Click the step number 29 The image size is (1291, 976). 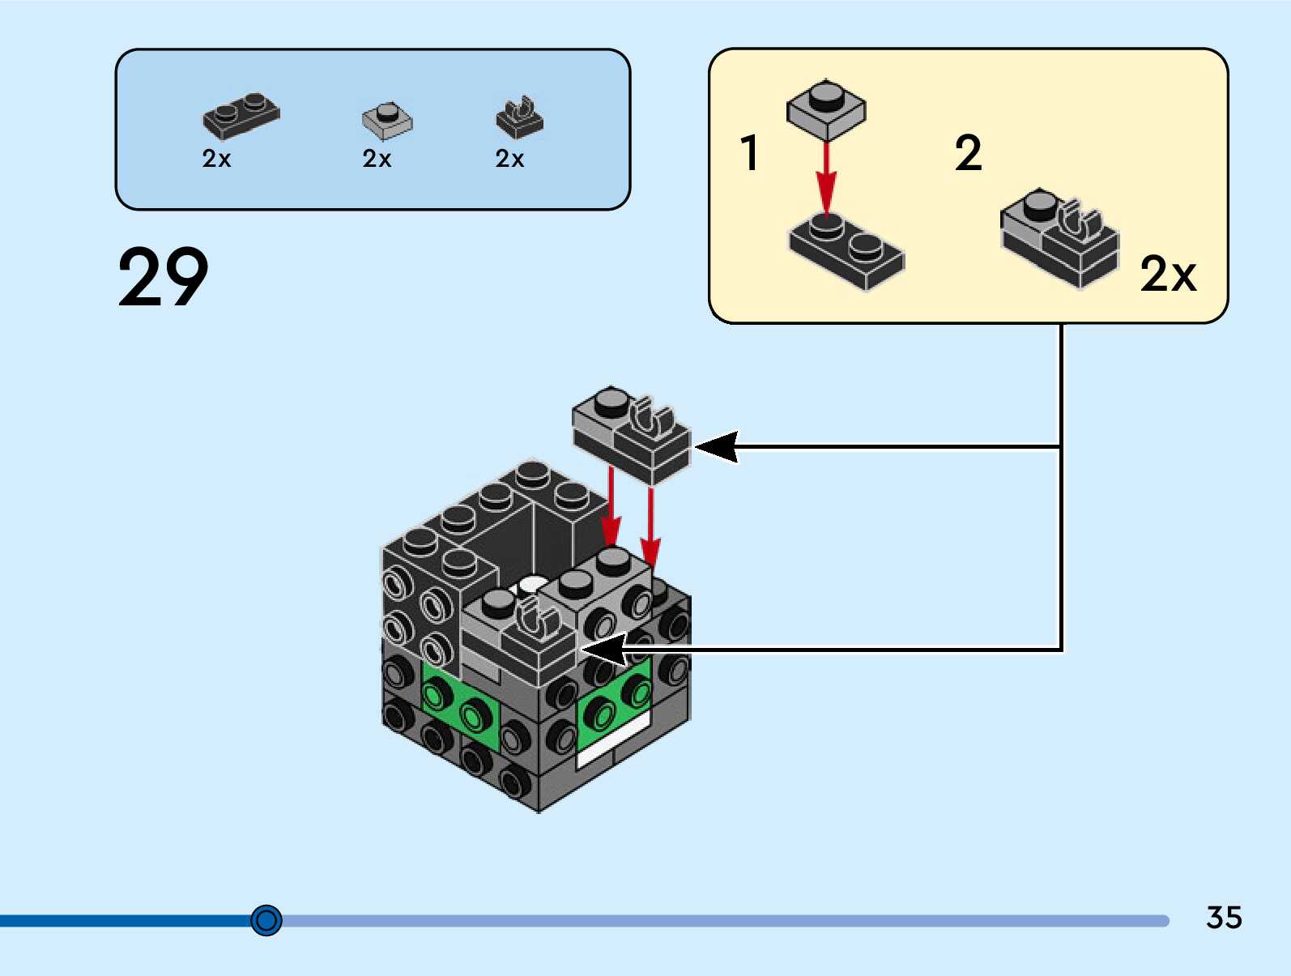point(163,277)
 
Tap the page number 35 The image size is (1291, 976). point(1223,918)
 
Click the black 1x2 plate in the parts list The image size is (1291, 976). point(241,115)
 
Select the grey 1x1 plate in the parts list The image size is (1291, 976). point(386,120)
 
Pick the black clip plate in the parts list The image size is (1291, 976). point(519,118)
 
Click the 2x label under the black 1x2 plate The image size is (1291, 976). point(216,159)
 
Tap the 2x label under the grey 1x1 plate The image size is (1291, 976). point(377,159)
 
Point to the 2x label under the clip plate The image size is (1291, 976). point(509,159)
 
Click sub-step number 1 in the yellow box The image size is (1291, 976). point(750,152)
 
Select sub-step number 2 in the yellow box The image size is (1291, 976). point(968,152)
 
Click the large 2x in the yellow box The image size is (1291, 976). point(1167,274)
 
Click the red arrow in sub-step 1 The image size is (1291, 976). point(825,178)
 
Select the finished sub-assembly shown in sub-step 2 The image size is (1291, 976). point(1059,237)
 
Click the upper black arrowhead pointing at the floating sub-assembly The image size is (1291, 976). point(717,446)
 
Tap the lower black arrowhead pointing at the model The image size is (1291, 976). point(603,649)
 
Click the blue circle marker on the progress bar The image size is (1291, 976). point(266,920)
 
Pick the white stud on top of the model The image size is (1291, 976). point(532,584)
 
